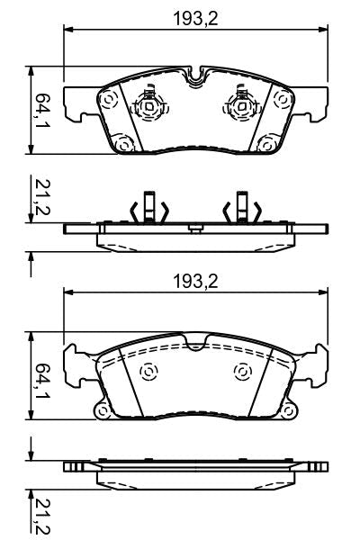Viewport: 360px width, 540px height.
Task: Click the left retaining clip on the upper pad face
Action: pos(147,107)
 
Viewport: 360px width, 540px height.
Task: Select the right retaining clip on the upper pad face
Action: pos(240,107)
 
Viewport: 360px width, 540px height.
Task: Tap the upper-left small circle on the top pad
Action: pos(111,102)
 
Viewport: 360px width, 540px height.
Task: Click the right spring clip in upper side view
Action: pos(241,209)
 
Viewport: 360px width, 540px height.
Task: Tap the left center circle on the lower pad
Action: pos(148,370)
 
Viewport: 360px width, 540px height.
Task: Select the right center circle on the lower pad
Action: pos(240,370)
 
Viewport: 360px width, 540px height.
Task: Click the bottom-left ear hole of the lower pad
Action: pos(104,412)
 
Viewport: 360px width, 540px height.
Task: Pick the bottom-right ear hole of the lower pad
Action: pos(288,412)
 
